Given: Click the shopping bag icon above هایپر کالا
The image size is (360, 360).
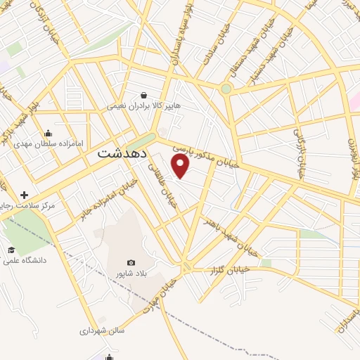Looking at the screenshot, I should [x=144, y=95].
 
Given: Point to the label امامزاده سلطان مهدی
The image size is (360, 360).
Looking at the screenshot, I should [x=49, y=143].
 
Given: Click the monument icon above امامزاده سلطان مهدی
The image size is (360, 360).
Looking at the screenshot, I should [x=48, y=132].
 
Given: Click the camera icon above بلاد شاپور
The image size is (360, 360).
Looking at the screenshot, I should [x=131, y=262].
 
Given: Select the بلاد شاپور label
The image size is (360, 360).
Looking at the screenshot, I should [x=131, y=274].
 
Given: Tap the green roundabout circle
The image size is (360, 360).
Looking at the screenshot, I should [x=226, y=89].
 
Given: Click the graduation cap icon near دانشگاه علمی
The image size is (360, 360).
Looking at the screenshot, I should [x=11, y=250].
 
